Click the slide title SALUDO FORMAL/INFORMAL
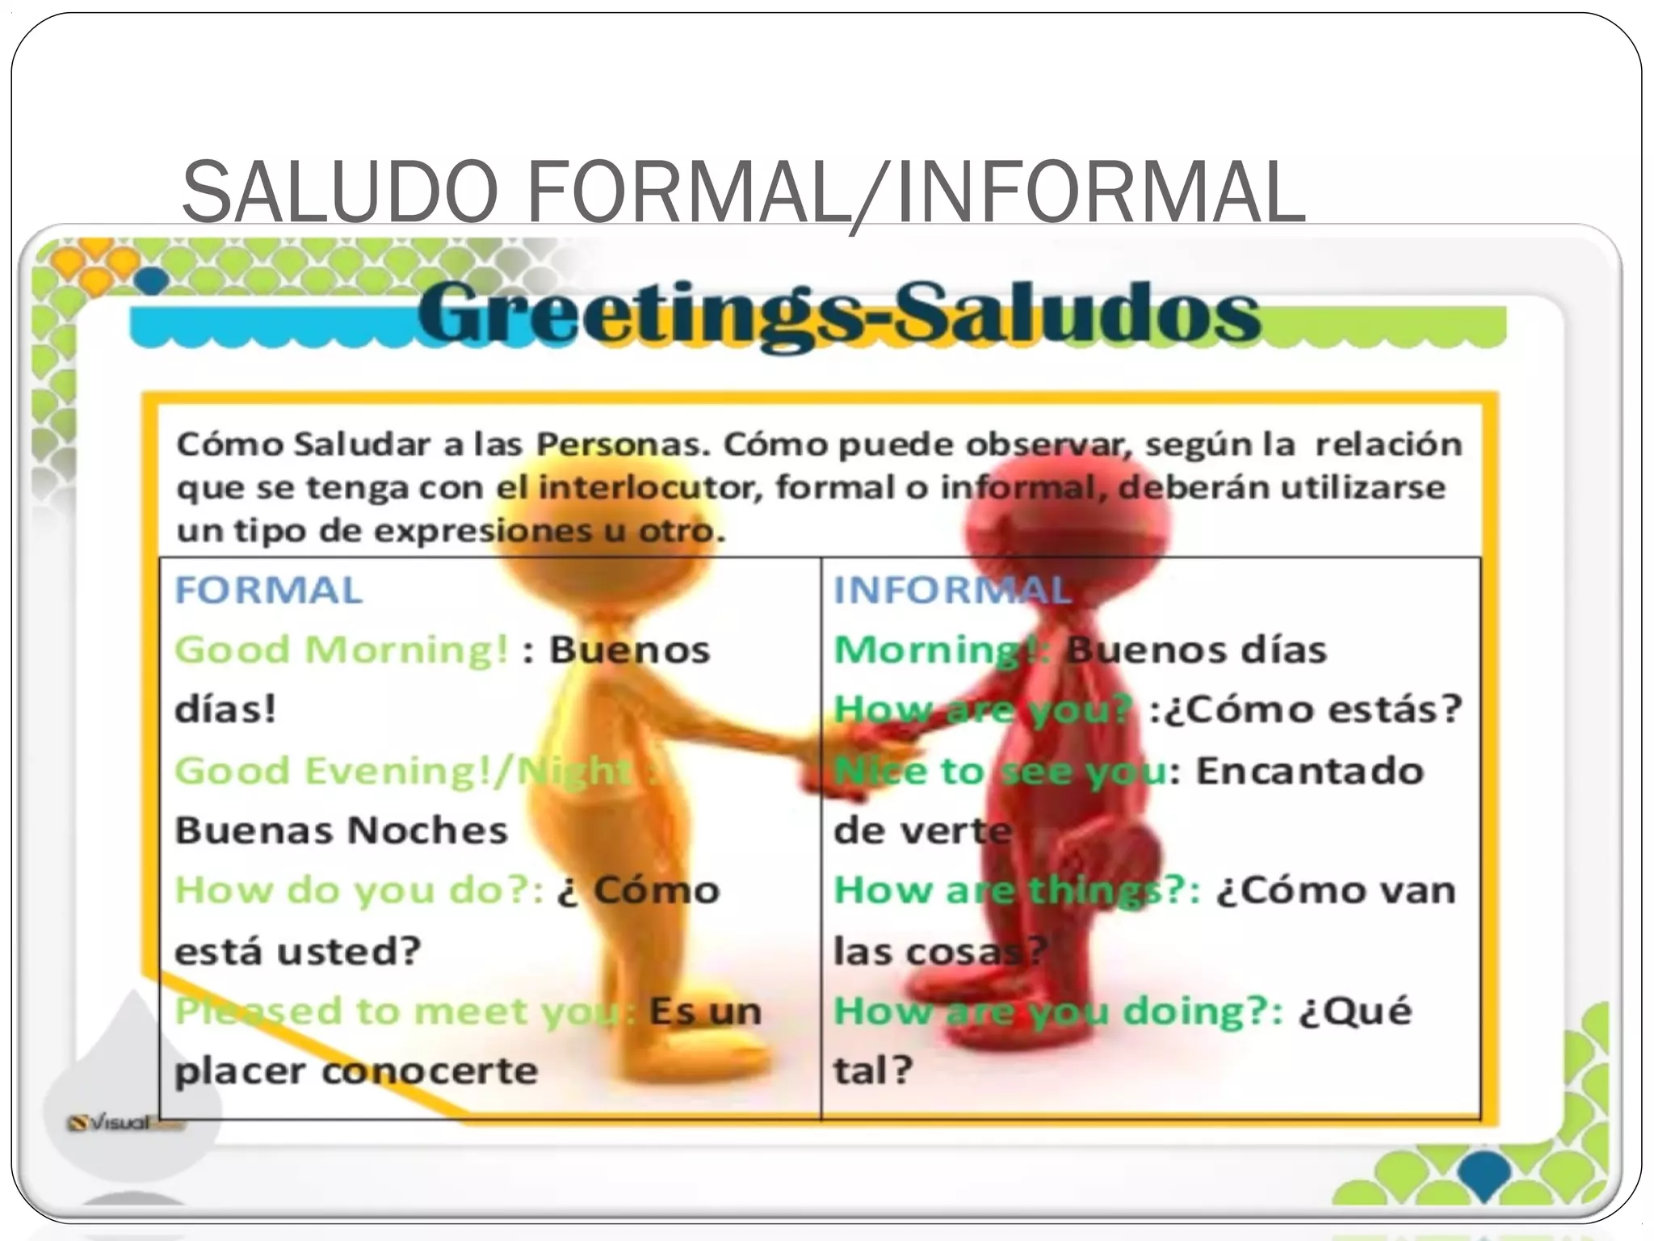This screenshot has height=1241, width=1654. click(743, 192)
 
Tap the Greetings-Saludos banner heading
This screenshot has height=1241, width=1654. click(838, 315)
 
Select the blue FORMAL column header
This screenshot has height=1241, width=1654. click(269, 590)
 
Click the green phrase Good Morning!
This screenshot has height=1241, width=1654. click(342, 650)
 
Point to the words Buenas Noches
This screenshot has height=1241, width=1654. click(342, 831)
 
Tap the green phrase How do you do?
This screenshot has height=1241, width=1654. click(359, 890)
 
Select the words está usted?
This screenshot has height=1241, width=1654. click(298, 951)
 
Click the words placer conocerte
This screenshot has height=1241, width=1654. click(356, 1071)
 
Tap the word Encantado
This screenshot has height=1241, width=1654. click(1309, 771)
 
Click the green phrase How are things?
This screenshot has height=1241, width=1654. click(1017, 890)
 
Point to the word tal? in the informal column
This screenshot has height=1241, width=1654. click(873, 1071)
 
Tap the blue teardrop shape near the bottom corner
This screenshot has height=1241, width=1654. click(1485, 1176)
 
